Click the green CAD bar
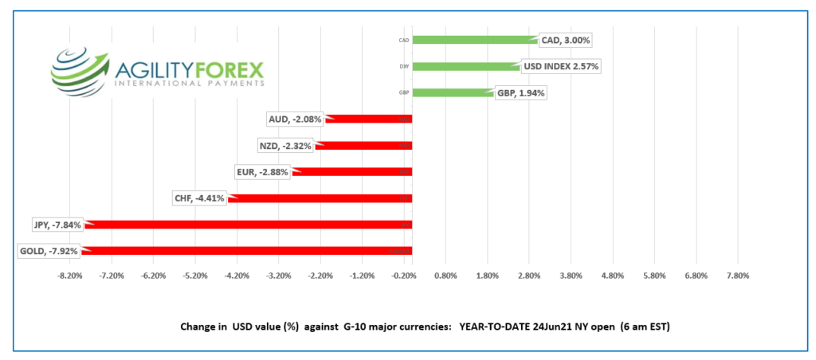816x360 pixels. (474, 40)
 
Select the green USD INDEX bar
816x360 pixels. (466, 67)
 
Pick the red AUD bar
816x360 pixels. (371, 119)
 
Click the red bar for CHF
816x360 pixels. (319, 198)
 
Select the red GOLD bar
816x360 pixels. (247, 251)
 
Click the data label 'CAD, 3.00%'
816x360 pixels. (566, 40)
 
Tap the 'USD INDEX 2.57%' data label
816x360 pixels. (559, 66)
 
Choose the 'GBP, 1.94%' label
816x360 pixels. (522, 92)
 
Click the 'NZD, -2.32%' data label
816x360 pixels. (286, 146)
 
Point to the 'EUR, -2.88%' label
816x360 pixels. (263, 172)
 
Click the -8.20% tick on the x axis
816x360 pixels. (70, 276)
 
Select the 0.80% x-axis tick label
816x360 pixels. (445, 276)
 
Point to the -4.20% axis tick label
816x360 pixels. (237, 276)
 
